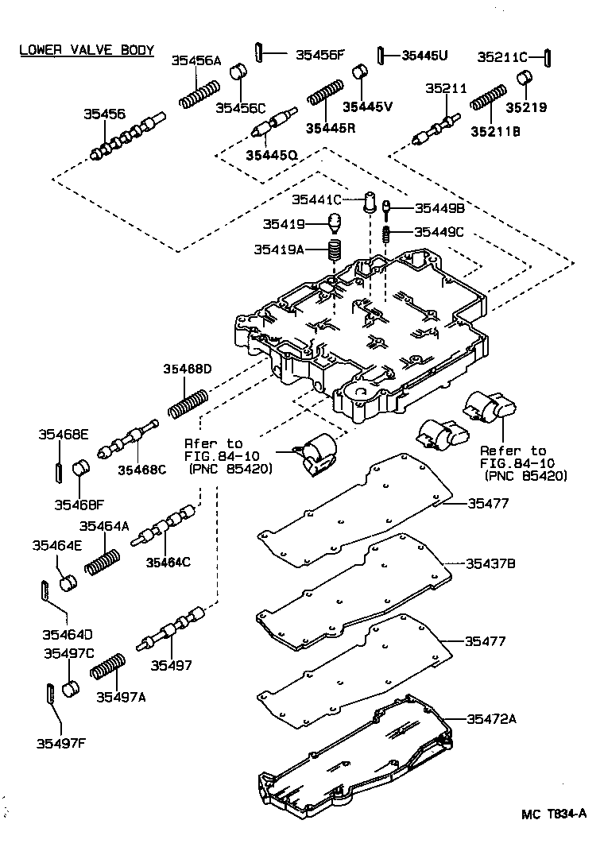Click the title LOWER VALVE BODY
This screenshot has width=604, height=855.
coord(87,49)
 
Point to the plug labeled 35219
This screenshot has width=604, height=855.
coord(525,79)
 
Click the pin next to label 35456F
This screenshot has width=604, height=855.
coord(260,54)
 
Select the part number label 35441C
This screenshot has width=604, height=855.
coord(316,199)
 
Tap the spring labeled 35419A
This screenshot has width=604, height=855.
coord(335,253)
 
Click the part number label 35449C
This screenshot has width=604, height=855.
coord(439,232)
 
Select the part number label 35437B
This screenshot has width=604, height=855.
coord(490,563)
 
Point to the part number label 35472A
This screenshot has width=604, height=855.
coord(491,719)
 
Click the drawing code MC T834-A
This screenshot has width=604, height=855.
coord(554,813)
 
